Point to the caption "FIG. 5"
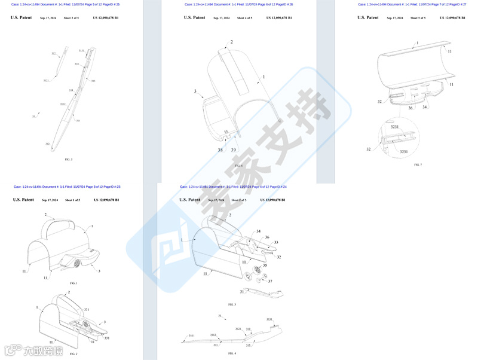[69, 160]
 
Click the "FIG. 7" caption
[418, 164]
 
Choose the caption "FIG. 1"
[73, 283]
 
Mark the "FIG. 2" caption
[73, 354]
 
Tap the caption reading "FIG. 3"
[232, 304]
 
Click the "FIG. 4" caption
[232, 353]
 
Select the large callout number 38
[220, 150]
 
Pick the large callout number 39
[234, 150]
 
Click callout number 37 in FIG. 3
[269, 281]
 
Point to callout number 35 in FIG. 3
[265, 265]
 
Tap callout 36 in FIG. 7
[410, 108]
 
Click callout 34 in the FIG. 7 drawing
[424, 108]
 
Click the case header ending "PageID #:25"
[66, 4]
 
